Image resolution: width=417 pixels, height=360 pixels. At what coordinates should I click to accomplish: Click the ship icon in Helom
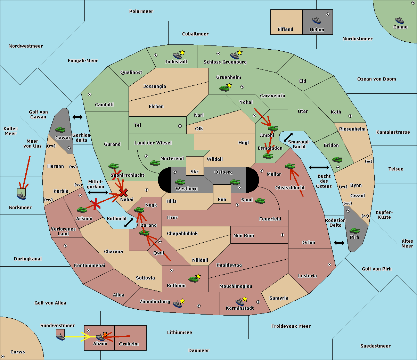(317, 20)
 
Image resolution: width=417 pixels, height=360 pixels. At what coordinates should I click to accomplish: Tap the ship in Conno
(400, 20)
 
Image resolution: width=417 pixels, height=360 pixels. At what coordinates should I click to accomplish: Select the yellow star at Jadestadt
(182, 52)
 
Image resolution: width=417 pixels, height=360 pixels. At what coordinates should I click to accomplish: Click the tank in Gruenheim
(224, 88)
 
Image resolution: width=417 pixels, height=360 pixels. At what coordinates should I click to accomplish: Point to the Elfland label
(285, 30)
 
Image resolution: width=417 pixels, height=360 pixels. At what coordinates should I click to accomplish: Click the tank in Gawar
(60, 129)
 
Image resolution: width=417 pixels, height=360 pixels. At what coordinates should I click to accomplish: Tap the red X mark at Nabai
(123, 192)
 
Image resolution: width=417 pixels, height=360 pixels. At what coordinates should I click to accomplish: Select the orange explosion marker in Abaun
(105, 335)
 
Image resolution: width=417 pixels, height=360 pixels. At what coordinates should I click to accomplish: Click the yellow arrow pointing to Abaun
(80, 337)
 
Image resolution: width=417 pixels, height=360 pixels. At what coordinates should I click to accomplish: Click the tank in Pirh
(354, 231)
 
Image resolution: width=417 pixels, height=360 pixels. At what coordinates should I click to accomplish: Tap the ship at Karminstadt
(240, 302)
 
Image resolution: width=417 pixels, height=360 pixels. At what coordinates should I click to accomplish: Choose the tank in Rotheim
(193, 279)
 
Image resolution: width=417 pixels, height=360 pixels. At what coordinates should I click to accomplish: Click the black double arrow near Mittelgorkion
(98, 192)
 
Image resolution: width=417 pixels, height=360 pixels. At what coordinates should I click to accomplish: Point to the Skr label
(195, 172)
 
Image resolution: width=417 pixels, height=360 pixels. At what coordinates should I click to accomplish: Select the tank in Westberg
(180, 182)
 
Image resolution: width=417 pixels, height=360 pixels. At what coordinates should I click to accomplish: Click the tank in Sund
(260, 201)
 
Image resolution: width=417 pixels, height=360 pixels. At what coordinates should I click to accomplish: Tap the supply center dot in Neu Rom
(283, 235)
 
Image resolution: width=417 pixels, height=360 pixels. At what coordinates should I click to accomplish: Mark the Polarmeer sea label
(141, 11)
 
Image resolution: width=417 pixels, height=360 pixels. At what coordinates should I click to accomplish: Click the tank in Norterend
(155, 163)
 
